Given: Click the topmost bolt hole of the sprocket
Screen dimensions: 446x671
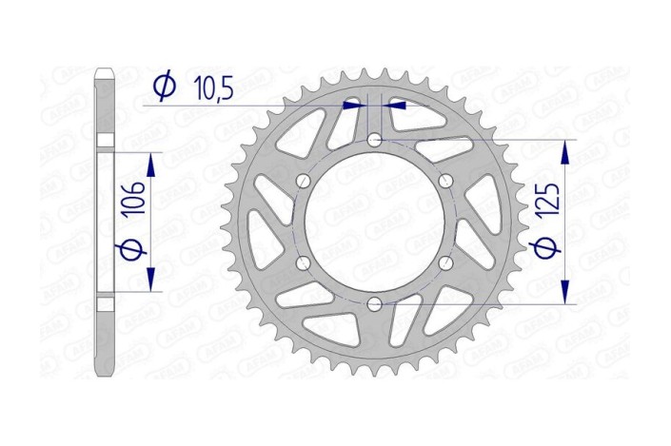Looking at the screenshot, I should pyautogui.click(x=375, y=140).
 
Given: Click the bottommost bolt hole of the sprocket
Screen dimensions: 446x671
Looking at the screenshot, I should pyautogui.click(x=375, y=304).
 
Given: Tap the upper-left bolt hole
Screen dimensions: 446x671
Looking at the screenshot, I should pyautogui.click(x=304, y=181).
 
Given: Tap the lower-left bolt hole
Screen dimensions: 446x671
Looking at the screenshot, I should pyautogui.click(x=304, y=263).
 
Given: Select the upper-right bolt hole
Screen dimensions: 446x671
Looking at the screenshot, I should pyautogui.click(x=445, y=181).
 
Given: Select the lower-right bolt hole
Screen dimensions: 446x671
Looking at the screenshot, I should pyautogui.click(x=445, y=263).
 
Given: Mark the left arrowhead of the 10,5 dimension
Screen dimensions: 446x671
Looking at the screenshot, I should pyautogui.click(x=357, y=106).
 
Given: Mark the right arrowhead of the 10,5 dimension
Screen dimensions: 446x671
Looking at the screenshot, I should pyautogui.click(x=393, y=106).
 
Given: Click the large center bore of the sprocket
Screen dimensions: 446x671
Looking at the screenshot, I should pyautogui.click(x=375, y=223).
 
